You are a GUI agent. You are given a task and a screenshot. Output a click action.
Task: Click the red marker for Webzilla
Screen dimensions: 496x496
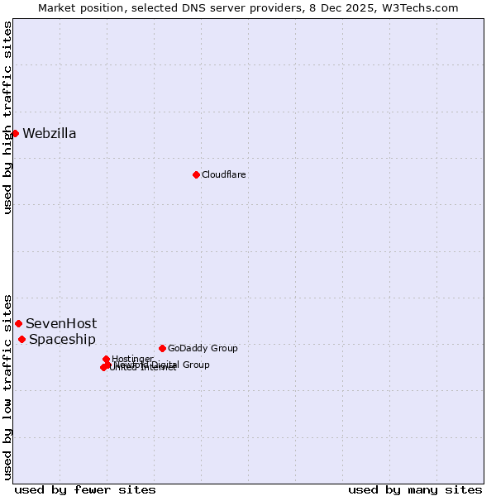pyautogui.click(x=15, y=133)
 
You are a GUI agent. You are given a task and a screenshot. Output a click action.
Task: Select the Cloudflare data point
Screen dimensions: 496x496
pyautogui.click(x=196, y=174)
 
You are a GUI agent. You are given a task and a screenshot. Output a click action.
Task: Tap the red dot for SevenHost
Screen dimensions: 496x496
pyautogui.click(x=18, y=323)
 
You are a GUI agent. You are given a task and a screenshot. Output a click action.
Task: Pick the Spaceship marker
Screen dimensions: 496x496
pyautogui.click(x=21, y=339)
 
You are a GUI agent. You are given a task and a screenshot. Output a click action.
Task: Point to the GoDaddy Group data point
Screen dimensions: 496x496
pyautogui.click(x=162, y=348)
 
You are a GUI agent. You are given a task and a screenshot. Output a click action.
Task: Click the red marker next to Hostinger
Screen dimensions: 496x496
pyautogui.click(x=106, y=359)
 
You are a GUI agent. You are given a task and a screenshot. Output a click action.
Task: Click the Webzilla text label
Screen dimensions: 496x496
pyautogui.click(x=50, y=133)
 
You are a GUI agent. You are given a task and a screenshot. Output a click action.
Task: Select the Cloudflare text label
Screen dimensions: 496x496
pyautogui.click(x=224, y=174)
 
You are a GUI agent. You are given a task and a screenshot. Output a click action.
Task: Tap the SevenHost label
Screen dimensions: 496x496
pyautogui.click(x=61, y=323)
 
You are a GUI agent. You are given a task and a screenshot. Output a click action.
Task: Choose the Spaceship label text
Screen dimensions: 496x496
pyautogui.click(x=62, y=339)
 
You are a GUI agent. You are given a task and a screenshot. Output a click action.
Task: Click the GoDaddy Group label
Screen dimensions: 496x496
pyautogui.click(x=203, y=348)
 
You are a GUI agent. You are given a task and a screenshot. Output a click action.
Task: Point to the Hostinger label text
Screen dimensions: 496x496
pyautogui.click(x=132, y=359)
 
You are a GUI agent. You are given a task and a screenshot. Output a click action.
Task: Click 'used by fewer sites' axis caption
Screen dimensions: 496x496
pyautogui.click(x=85, y=489)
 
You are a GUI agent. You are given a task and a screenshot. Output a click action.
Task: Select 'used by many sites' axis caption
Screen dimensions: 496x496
pyautogui.click(x=415, y=489)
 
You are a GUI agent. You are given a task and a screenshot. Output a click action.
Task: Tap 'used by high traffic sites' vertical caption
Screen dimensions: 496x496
pyautogui.click(x=7, y=117)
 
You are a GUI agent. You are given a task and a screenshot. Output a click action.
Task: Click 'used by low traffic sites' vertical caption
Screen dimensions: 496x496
pyautogui.click(x=7, y=386)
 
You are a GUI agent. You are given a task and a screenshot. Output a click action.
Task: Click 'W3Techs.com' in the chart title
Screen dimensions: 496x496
pyautogui.click(x=424, y=7)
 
